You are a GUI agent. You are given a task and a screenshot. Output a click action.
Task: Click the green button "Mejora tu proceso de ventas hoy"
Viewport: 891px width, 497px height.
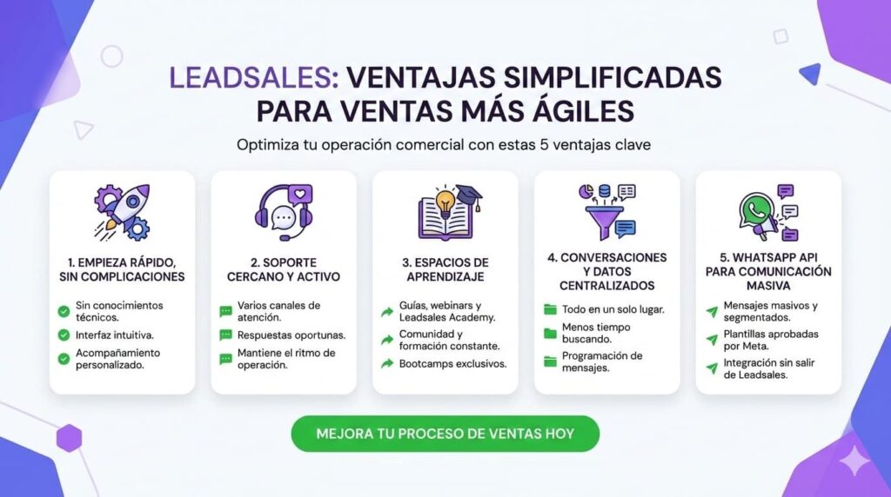coord(445,433)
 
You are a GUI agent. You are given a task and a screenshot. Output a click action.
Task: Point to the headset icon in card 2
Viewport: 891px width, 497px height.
coord(283,212)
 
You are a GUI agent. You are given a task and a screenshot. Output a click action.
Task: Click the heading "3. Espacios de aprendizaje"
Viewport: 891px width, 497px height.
coord(445,269)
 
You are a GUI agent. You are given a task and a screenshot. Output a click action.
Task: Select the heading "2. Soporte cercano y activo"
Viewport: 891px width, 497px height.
coord(284,269)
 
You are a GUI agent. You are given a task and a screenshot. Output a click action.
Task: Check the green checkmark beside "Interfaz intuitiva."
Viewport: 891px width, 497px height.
coord(64,335)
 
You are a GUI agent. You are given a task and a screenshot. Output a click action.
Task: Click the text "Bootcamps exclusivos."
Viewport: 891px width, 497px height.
coord(452,362)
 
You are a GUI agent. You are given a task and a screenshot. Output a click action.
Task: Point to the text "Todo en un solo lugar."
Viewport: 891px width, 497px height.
coord(613,308)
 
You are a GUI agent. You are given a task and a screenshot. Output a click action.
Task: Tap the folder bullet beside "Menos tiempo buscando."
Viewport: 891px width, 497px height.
coord(549,334)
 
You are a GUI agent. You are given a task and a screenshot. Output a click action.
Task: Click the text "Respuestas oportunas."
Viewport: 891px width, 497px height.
coord(291,335)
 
